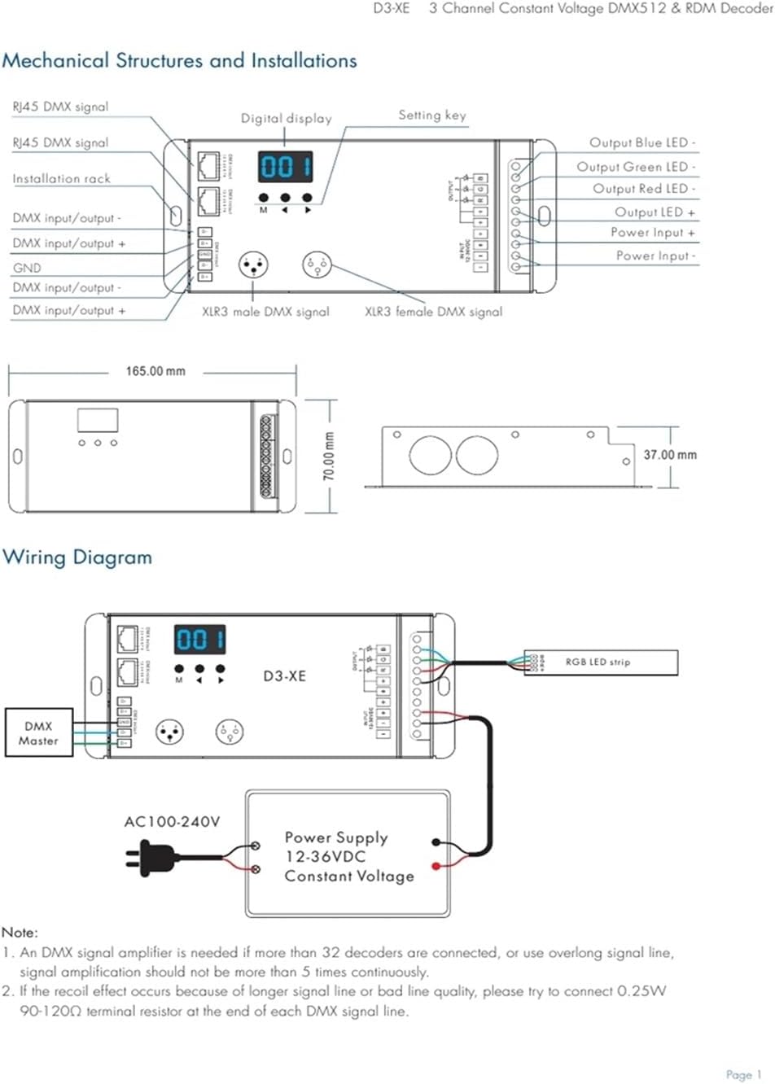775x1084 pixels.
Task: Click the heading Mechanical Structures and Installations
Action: click(179, 61)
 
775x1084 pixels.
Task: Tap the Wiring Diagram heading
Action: click(77, 557)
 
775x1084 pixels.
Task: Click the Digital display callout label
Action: click(286, 119)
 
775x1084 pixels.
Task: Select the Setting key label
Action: click(431, 116)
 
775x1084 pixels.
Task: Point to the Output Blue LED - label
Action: click(642, 143)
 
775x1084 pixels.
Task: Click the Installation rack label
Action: click(61, 179)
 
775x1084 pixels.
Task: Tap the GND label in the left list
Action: click(27, 268)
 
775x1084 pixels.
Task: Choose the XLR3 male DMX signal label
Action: click(265, 312)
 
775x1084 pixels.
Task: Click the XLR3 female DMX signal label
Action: click(433, 312)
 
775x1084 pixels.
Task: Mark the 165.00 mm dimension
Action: click(155, 372)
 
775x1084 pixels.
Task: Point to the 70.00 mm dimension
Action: click(329, 456)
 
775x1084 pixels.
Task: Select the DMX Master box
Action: click(39, 733)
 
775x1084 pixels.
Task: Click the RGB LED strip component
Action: click(601, 662)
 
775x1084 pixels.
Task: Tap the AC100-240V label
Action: click(172, 822)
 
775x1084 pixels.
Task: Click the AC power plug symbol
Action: click(150, 856)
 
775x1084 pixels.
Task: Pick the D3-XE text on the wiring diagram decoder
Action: click(284, 676)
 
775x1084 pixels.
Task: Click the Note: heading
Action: click(20, 933)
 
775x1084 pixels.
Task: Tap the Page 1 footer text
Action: click(743, 1075)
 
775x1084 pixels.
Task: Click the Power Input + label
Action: click(653, 233)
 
